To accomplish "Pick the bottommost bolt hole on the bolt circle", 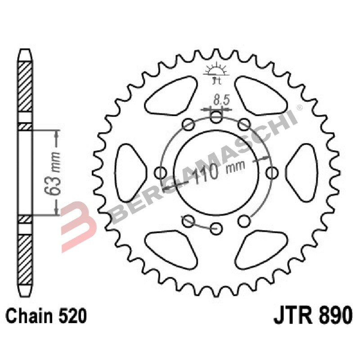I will pyautogui.click(x=216, y=227).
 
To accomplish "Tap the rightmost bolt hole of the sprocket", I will pyautogui.click(x=272, y=172).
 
